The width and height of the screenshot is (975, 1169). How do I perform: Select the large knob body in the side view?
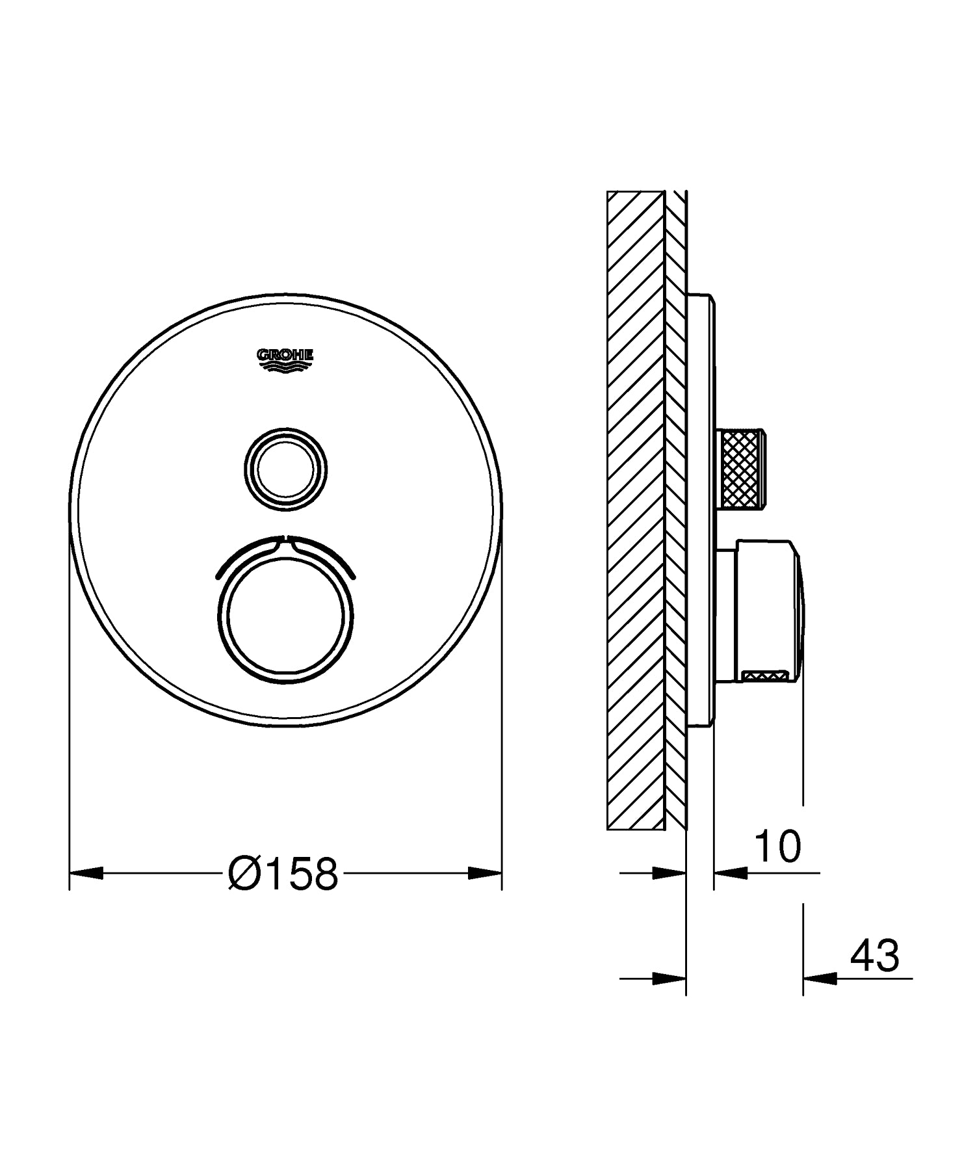[760, 611]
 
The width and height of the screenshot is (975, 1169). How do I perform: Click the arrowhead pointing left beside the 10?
[730, 873]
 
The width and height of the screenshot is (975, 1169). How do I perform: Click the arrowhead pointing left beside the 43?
[820, 977]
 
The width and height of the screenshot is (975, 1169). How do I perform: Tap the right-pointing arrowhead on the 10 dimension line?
[669, 873]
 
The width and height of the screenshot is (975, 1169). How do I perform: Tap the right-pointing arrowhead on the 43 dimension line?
[669, 977]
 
